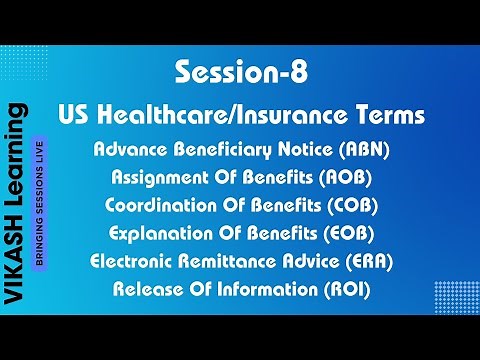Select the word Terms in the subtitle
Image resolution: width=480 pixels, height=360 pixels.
(x=388, y=115)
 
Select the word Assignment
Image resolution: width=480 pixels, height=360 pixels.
(x=152, y=178)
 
